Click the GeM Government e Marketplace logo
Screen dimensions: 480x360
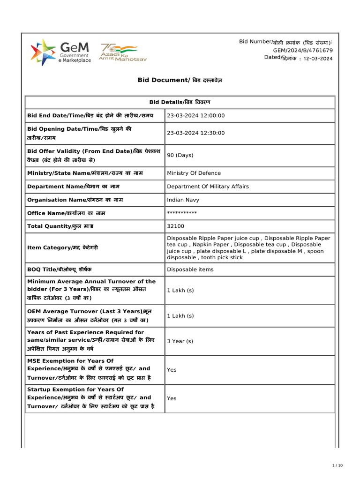(60, 52)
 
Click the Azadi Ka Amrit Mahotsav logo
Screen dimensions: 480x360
(118, 52)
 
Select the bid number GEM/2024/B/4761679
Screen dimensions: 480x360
(303, 50)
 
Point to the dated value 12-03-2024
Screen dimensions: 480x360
(318, 59)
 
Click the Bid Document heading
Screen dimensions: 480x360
(180, 80)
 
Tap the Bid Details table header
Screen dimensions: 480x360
(180, 102)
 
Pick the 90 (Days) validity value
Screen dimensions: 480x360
(180, 155)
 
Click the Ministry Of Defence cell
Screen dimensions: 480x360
(194, 173)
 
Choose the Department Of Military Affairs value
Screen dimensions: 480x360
(208, 187)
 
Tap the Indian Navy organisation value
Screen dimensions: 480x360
(183, 200)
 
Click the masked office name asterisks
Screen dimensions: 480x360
(182, 213)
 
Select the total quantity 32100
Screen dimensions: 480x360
(176, 226)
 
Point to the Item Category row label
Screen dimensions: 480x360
(63, 247)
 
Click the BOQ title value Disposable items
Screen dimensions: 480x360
(190, 270)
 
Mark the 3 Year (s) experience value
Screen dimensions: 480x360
(180, 341)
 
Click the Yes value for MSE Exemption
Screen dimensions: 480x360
(172, 370)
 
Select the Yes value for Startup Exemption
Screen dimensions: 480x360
(172, 398)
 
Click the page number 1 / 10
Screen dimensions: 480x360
(337, 465)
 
